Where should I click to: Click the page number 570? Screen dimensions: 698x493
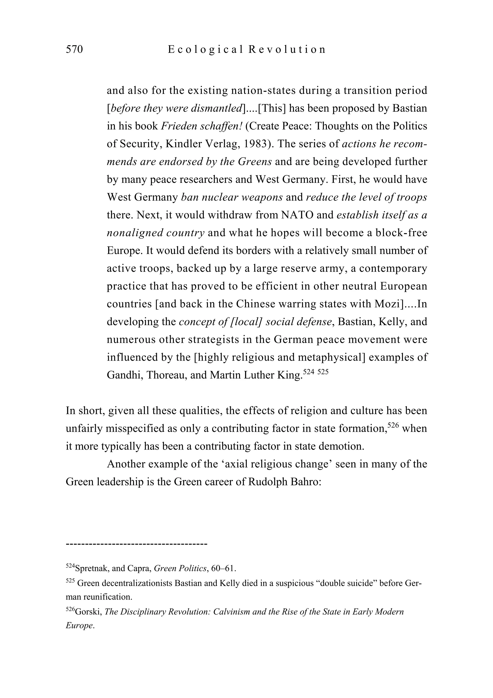pyautogui.click(x=74, y=49)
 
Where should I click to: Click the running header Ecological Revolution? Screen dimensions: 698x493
pyautogui.click(x=246, y=49)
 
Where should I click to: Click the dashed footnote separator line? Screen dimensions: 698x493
pyautogui.click(x=136, y=543)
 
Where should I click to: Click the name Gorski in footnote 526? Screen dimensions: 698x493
pyautogui.click(x=88, y=612)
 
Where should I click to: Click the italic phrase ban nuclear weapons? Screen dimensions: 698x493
pyautogui.click(x=232, y=197)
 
